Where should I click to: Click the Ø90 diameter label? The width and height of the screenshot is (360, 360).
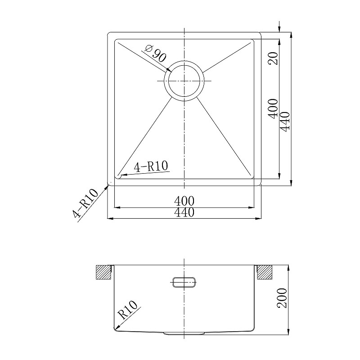point(156,54)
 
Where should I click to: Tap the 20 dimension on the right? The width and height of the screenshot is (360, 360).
point(274,58)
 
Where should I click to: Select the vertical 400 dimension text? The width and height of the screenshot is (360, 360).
point(273,109)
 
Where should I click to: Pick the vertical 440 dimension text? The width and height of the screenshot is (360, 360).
point(285,121)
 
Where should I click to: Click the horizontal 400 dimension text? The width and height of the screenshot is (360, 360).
point(184,201)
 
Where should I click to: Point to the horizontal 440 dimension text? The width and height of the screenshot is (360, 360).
point(184,212)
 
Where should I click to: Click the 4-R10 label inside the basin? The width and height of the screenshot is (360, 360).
point(151,166)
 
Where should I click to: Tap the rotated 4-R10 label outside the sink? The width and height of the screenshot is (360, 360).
point(85,203)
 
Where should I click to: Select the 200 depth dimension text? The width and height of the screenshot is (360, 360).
point(282,298)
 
